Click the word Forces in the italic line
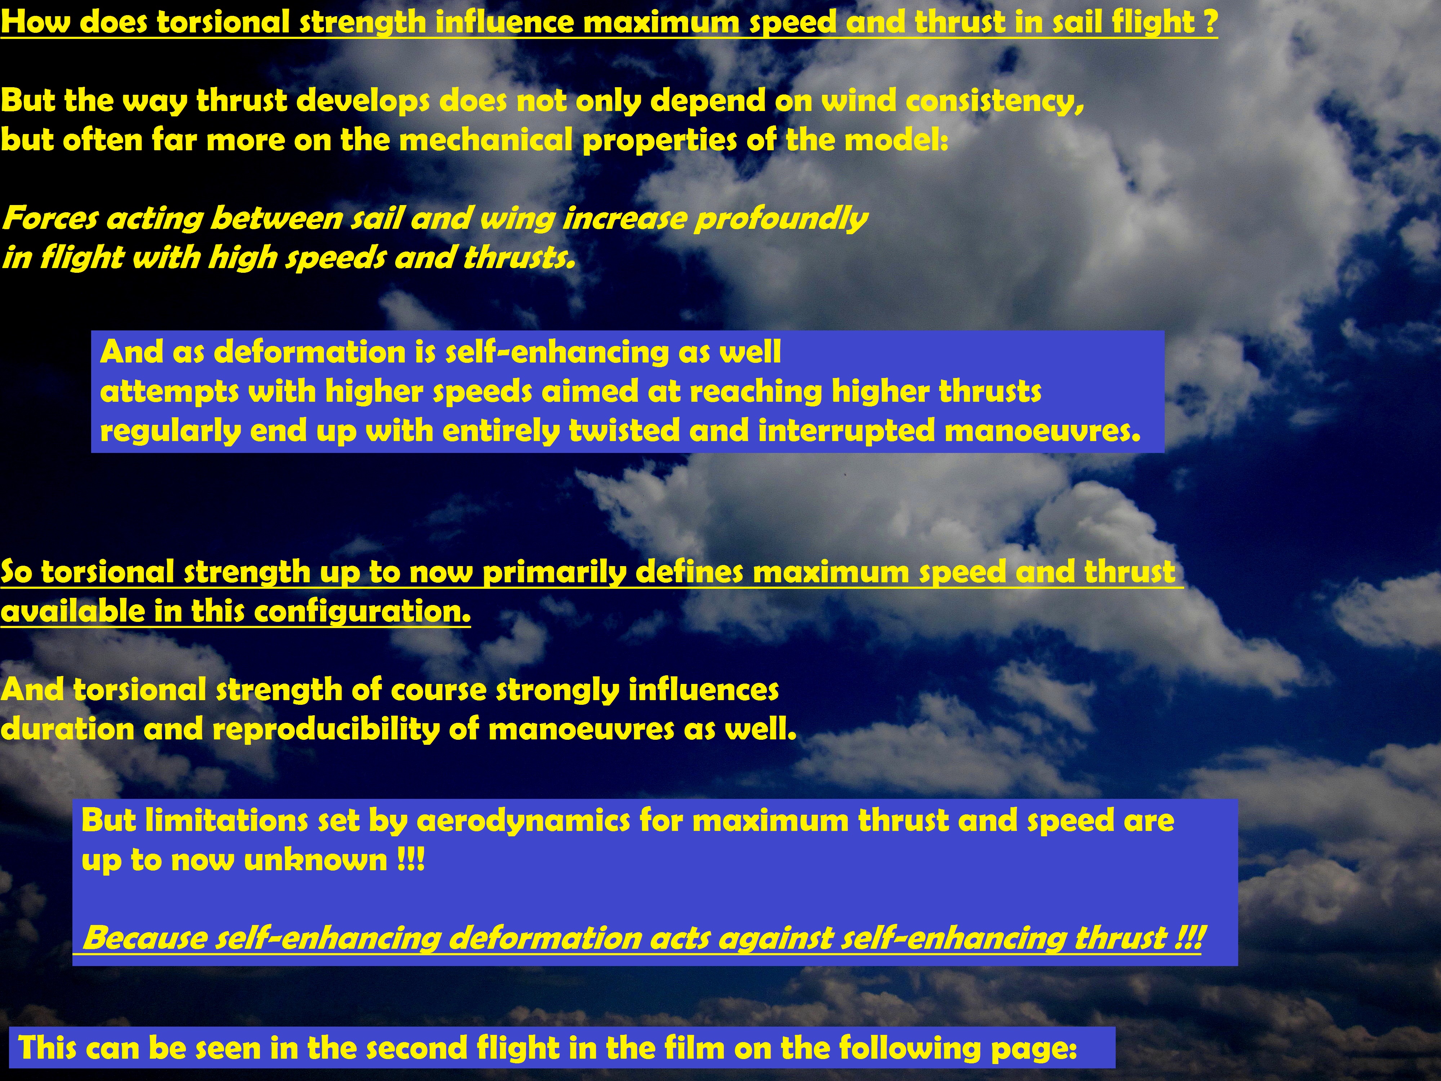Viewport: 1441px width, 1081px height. click(x=50, y=218)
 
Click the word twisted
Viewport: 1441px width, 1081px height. click(x=624, y=431)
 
